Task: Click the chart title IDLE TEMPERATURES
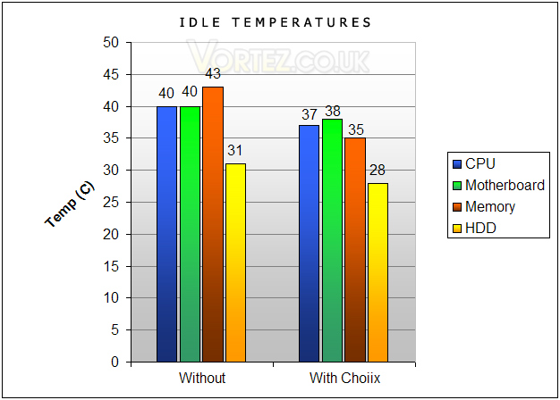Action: pos(275,22)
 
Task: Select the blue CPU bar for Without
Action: pos(166,234)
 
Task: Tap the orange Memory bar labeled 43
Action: pos(213,224)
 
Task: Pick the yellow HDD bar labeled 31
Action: pos(235,262)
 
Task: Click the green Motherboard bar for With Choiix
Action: pos(332,241)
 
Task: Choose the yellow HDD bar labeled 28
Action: pos(378,272)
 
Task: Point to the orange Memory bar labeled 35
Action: pos(355,250)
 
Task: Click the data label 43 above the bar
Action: pos(213,74)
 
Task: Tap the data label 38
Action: pos(333,112)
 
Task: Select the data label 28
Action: pos(378,170)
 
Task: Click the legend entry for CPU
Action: pos(473,163)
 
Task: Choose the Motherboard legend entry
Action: pos(498,185)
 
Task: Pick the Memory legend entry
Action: pos(484,207)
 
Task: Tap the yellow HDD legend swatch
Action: pos(457,229)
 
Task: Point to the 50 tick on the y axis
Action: pos(111,43)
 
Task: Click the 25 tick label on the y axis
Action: pos(111,202)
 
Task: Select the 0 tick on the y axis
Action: pos(115,362)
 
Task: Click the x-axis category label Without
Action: pos(202,378)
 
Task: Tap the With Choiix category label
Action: pos(344,378)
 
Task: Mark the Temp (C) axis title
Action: pos(70,204)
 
